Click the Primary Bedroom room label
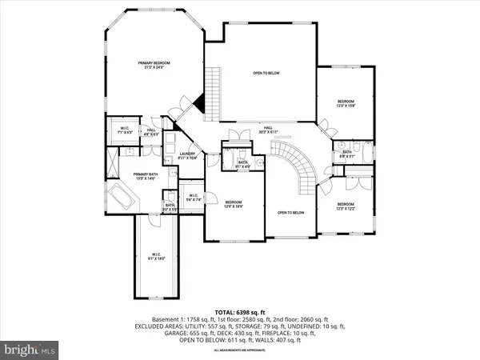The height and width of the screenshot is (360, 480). pyautogui.click(x=154, y=66)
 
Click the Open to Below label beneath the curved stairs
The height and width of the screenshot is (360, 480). pyautogui.click(x=292, y=213)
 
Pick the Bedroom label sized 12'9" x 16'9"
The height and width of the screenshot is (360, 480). pyautogui.click(x=234, y=204)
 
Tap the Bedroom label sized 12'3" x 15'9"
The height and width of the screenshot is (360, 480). pyautogui.click(x=346, y=103)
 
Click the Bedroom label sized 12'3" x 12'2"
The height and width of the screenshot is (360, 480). pyautogui.click(x=346, y=206)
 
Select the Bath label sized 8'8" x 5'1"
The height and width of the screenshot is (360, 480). pyautogui.click(x=347, y=154)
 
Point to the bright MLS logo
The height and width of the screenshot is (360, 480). pyautogui.click(x=31, y=349)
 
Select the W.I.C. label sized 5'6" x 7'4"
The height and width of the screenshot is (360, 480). pyautogui.click(x=193, y=198)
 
